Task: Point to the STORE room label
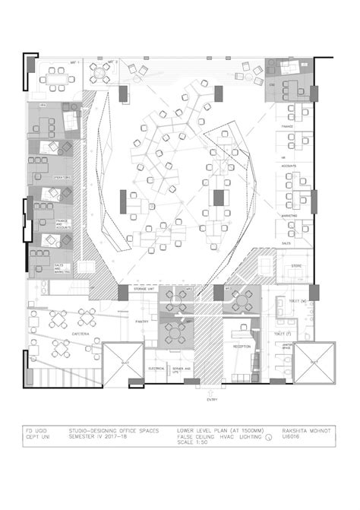(x=297, y=265)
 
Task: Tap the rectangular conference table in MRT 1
(x=56, y=77)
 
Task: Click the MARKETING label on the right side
(x=289, y=215)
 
